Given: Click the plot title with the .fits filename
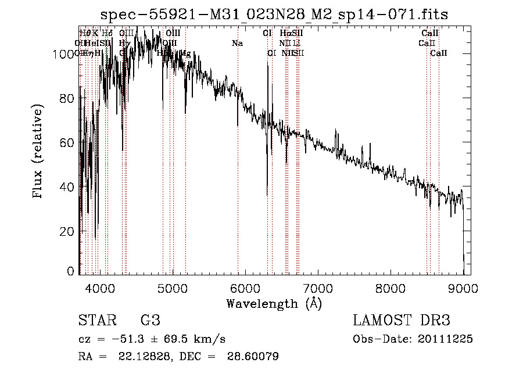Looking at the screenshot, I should [274, 14].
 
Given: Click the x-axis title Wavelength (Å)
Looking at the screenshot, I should [274, 303].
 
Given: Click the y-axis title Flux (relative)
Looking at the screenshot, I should [38, 153].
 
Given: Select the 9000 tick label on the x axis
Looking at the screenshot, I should [463, 287].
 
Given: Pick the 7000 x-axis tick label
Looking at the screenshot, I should [317, 287].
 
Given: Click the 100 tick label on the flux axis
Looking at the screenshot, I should [63, 54].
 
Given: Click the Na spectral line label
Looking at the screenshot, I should [237, 44].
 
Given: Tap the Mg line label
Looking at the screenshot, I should [185, 53].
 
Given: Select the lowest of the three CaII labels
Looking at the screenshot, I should [439, 53].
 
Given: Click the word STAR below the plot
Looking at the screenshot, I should [96, 321].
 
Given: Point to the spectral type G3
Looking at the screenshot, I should [150, 321].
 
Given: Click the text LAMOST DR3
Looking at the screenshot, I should [401, 321].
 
